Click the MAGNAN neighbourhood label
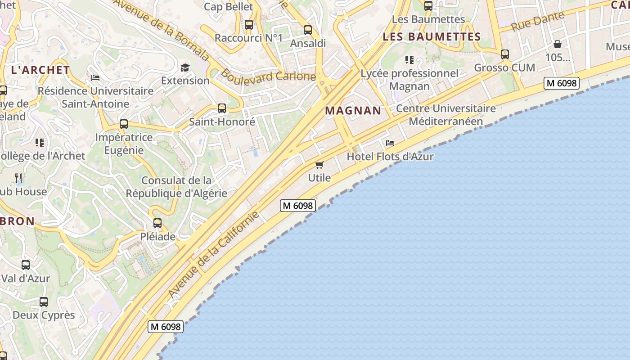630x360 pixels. coord(353,110)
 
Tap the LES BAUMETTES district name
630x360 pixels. coord(432,37)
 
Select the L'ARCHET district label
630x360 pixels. coord(40,70)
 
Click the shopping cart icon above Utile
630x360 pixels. coord(319,165)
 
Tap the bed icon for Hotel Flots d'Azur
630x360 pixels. coord(390,143)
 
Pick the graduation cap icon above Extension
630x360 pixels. coord(185,68)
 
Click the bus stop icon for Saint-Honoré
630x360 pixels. coord(221,108)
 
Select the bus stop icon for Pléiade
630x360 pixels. coord(157,223)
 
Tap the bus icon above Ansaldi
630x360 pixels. coord(308,30)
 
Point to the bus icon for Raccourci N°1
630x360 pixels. coord(248,25)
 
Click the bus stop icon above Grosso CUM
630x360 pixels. coord(505,54)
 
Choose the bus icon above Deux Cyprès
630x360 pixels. coord(43,302)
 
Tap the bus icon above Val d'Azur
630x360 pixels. coord(26,265)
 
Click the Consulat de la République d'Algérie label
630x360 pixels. coord(176,187)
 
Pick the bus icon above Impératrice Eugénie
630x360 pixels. coord(124,124)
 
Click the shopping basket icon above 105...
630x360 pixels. coord(558,44)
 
